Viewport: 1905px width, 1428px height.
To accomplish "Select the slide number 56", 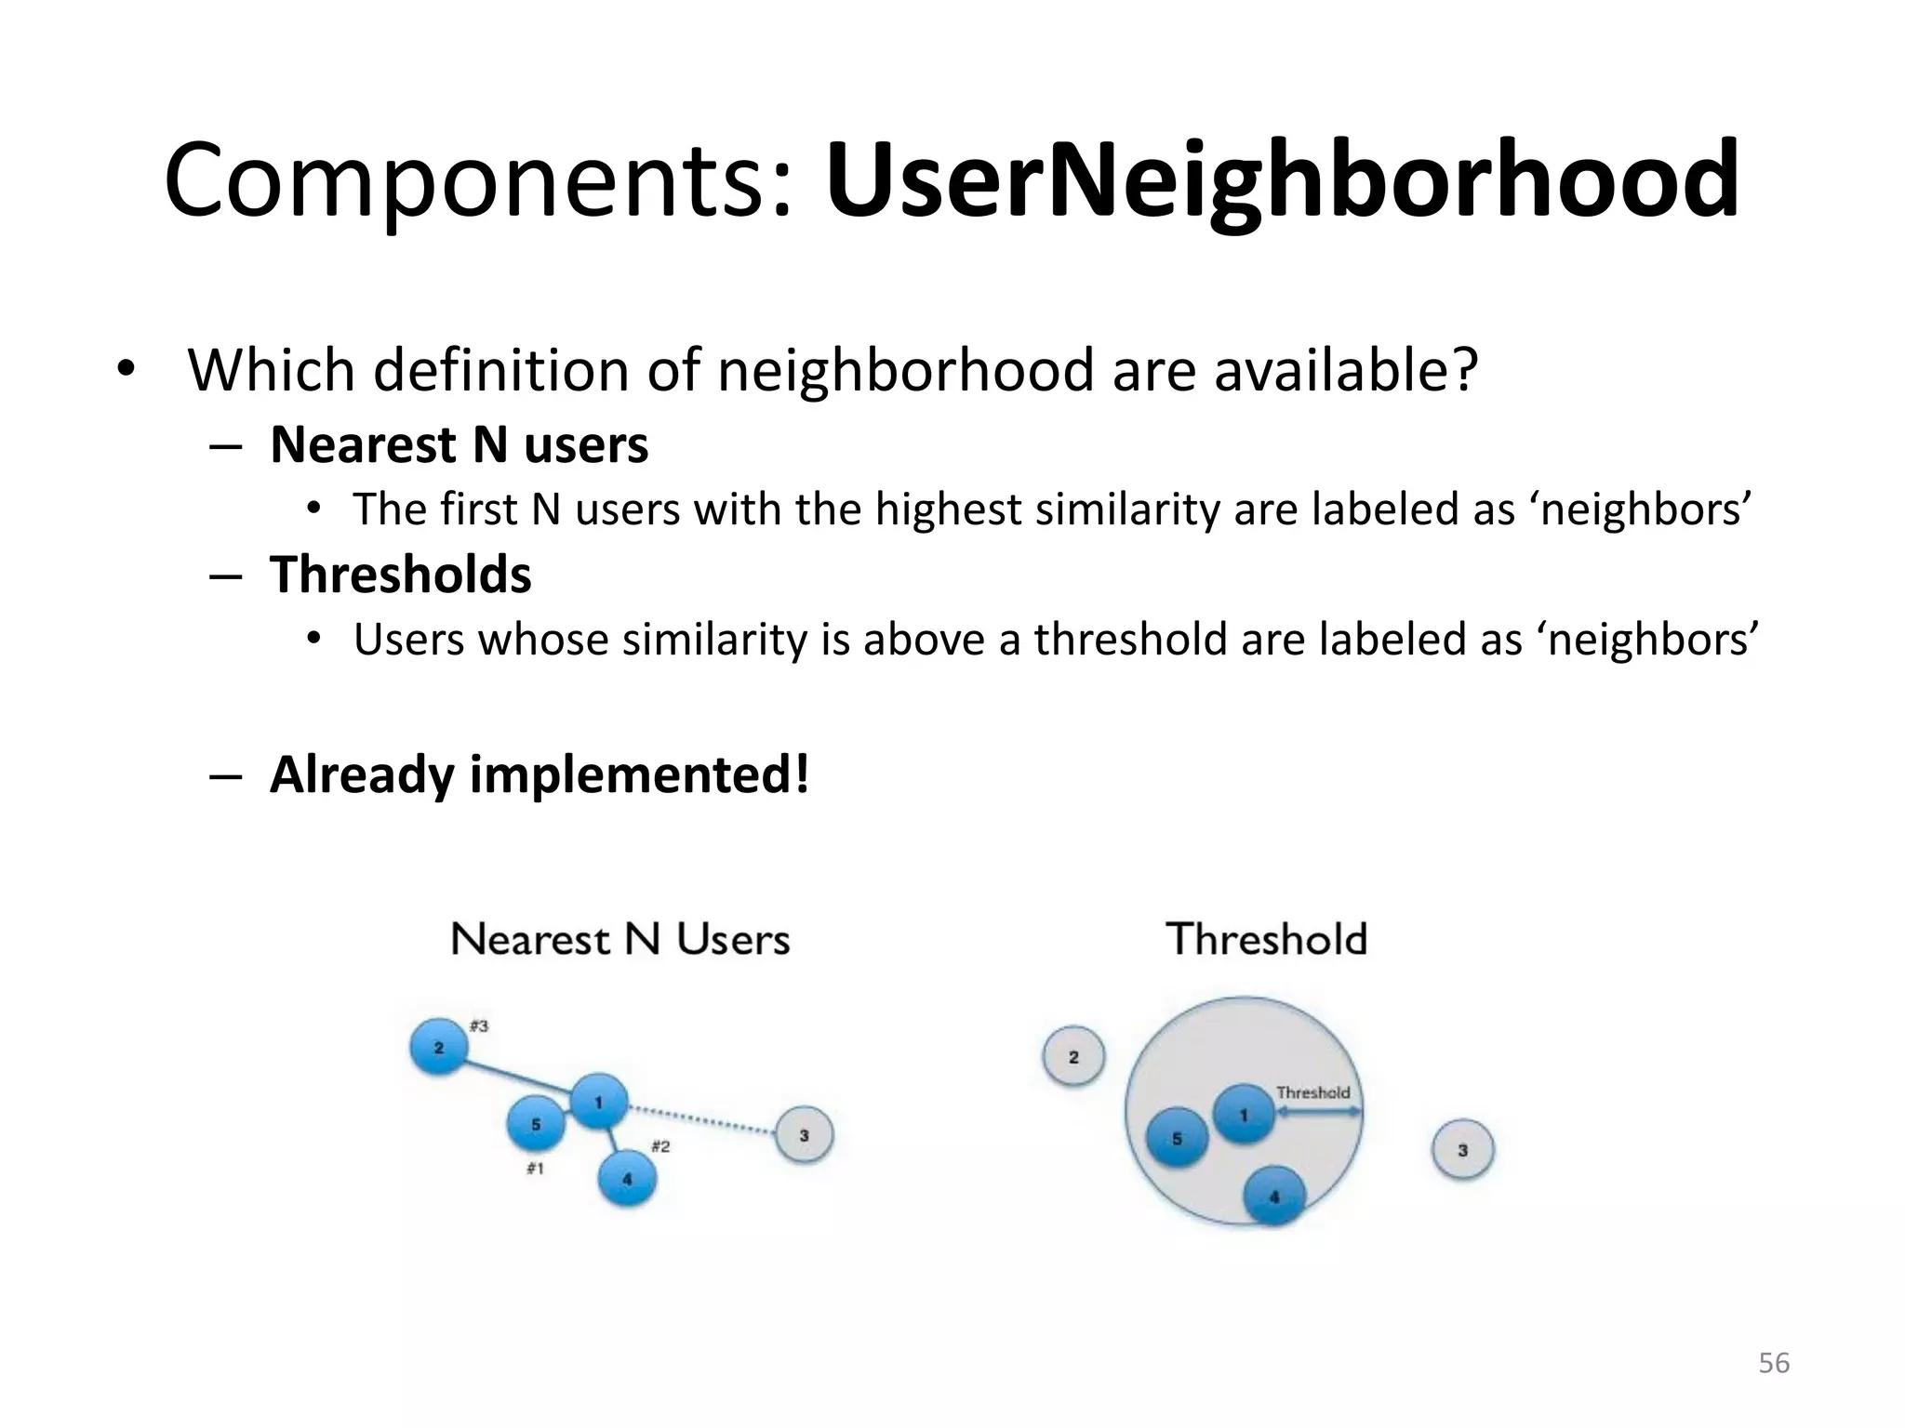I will [x=1773, y=1363].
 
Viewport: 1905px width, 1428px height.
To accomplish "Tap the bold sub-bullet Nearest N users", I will [x=459, y=444].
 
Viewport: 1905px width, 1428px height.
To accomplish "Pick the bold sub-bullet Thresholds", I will [x=400, y=574].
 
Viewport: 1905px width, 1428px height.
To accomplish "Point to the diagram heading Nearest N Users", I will [x=620, y=939].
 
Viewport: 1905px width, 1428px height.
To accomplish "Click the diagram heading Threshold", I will [x=1266, y=939].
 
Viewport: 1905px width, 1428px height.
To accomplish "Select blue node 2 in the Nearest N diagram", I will [x=438, y=1048].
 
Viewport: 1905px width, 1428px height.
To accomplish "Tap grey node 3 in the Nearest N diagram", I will [x=804, y=1135].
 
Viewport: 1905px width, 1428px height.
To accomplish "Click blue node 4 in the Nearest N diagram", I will [x=627, y=1179].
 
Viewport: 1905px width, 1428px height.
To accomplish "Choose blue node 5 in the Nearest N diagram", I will [x=536, y=1124].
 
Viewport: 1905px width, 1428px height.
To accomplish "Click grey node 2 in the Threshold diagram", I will [x=1073, y=1057].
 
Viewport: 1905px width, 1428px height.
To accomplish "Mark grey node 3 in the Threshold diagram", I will [x=1462, y=1150].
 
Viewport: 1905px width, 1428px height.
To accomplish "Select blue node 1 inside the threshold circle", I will [x=1243, y=1114].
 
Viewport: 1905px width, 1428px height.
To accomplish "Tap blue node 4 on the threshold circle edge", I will [x=1273, y=1197].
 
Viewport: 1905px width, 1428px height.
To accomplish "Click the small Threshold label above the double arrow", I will [x=1312, y=1092].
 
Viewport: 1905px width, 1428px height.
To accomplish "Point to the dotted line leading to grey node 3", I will [x=702, y=1119].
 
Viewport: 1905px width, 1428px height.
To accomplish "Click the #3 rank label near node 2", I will [x=479, y=1025].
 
